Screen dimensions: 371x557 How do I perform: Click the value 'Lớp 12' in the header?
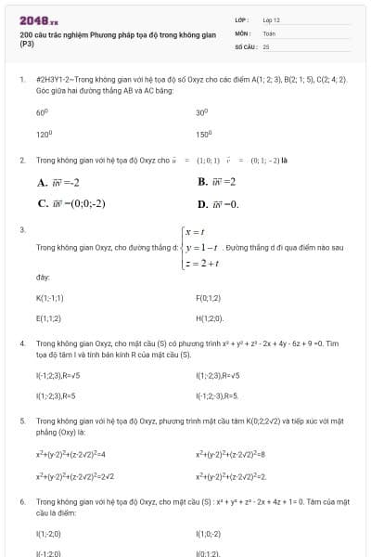click(x=272, y=19)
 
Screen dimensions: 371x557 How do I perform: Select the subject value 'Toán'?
click(x=269, y=32)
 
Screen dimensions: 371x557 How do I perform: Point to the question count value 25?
click(x=266, y=45)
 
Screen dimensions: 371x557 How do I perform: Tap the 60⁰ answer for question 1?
click(x=42, y=111)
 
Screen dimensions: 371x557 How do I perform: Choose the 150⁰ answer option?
click(x=203, y=134)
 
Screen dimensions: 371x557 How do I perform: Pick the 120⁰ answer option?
click(x=43, y=134)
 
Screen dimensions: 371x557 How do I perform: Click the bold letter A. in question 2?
click(x=44, y=182)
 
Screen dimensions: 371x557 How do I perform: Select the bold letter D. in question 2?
click(x=203, y=203)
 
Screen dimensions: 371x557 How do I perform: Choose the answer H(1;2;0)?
click(x=210, y=317)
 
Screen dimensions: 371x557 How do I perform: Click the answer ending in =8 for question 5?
click(x=231, y=455)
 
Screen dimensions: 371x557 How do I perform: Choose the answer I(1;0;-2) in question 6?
click(x=210, y=534)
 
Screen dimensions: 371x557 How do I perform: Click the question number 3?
click(x=21, y=228)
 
